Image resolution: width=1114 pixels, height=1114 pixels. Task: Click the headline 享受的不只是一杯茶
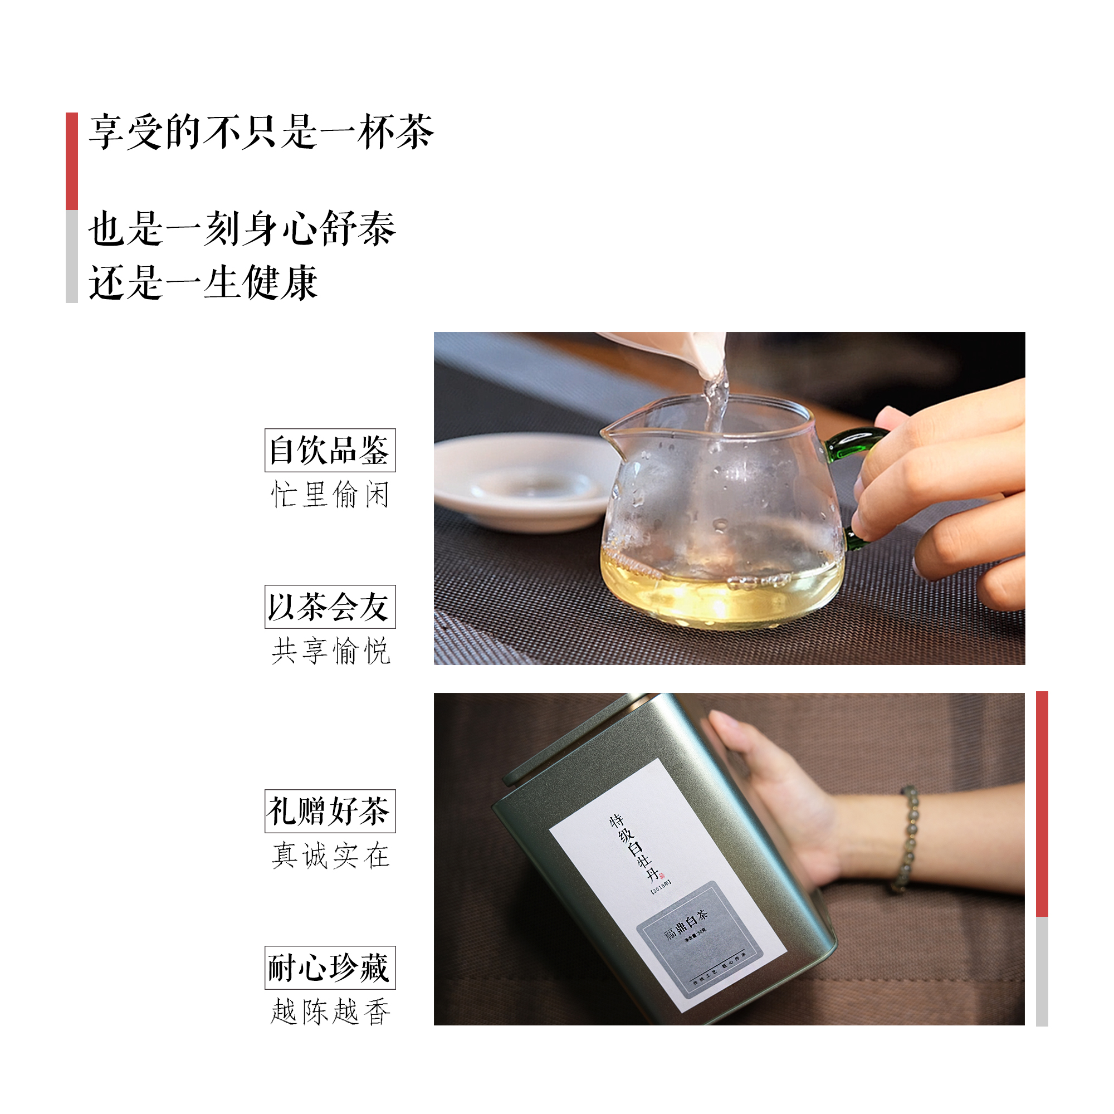261,132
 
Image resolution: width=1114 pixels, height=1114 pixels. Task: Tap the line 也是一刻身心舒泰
242,229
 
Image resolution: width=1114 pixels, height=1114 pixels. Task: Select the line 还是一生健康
203,282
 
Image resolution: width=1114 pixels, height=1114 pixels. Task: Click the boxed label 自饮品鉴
330,450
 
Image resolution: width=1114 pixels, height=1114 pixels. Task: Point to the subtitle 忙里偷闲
330,495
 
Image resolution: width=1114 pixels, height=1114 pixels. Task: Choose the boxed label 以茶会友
330,607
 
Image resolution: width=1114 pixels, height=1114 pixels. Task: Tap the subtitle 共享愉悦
330,651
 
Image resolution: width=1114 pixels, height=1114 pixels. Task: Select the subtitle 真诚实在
330,855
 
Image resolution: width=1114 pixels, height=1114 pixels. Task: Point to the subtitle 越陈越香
330,1012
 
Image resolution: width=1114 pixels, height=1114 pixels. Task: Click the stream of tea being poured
717,398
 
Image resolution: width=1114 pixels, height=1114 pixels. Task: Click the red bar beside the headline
71,161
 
